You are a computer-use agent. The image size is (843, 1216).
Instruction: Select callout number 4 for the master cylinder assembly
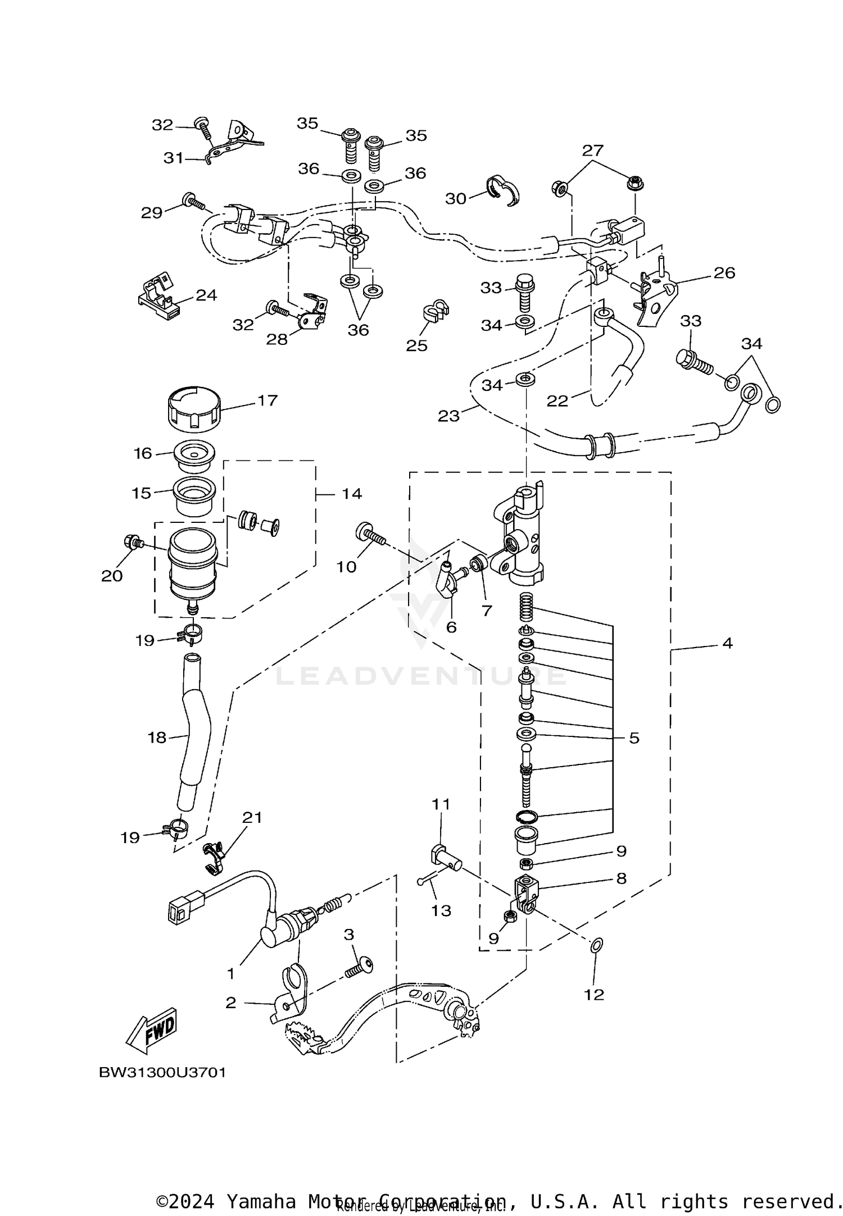point(727,643)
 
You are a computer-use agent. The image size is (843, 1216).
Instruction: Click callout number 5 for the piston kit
point(634,737)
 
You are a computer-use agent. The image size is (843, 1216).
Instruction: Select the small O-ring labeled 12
point(597,946)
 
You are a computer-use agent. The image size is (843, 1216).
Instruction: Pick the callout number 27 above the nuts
point(592,150)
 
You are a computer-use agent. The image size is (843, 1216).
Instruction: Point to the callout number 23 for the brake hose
point(448,416)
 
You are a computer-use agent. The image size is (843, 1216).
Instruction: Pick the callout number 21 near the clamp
point(252,818)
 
